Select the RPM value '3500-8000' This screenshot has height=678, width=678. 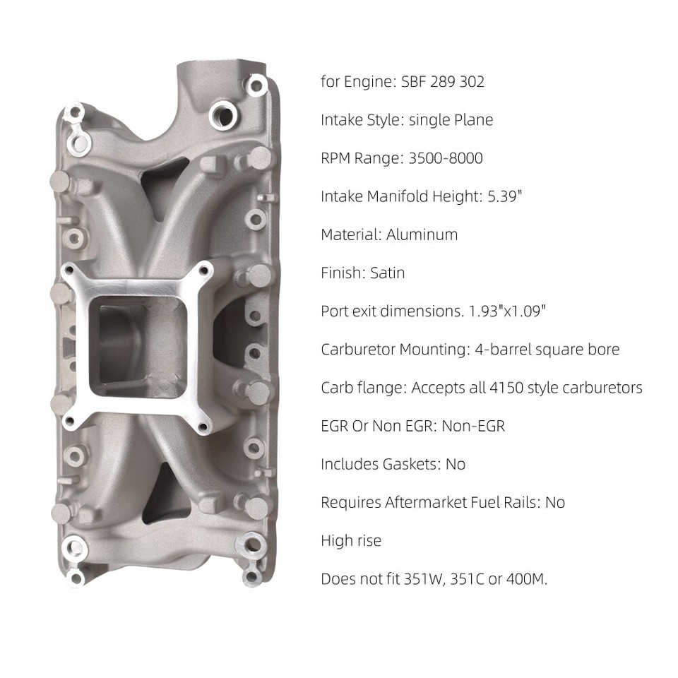(446, 157)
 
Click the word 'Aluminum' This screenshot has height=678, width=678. (422, 234)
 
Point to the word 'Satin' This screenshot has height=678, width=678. (387, 272)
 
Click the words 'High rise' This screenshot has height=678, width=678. (351, 540)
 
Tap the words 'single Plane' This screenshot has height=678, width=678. (451, 119)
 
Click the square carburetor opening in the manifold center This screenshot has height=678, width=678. (139, 345)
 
